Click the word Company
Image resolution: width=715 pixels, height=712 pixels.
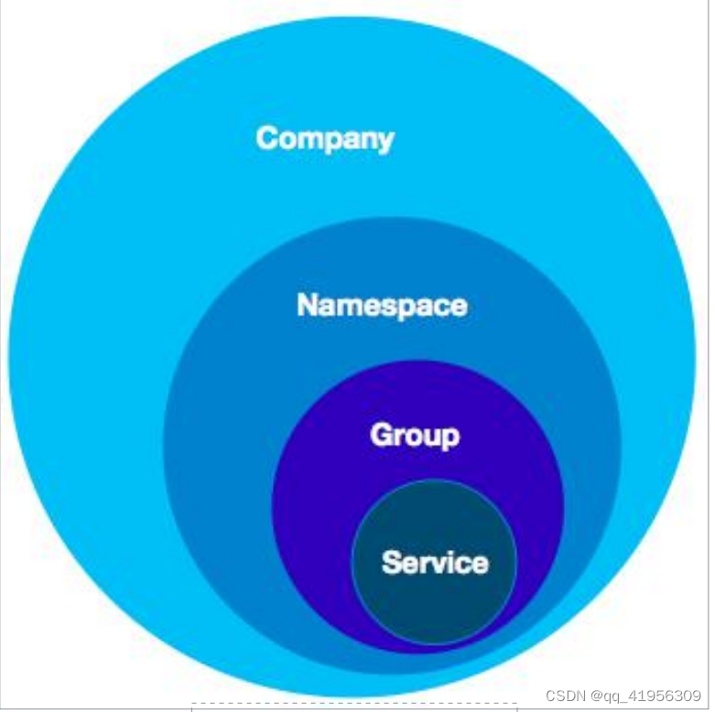325,138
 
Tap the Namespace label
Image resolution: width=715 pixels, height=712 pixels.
382,305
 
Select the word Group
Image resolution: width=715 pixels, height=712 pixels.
414,435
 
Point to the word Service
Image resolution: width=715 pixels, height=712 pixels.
435,561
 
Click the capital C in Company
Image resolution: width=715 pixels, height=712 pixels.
267,138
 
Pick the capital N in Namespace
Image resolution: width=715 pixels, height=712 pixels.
308,305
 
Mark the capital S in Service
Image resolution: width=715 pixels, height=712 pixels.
391,561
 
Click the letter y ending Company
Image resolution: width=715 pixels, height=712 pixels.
385,142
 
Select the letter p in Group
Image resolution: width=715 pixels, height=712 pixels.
449,438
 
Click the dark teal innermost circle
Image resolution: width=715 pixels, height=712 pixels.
435,604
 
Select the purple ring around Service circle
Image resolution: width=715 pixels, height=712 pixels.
311,512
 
